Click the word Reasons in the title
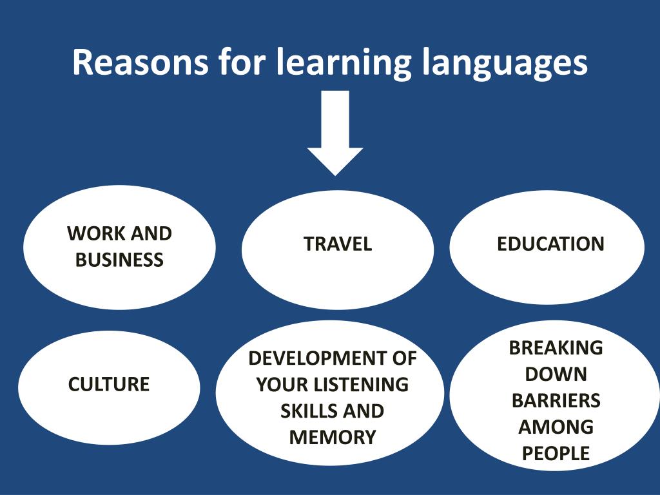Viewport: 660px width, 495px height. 140,62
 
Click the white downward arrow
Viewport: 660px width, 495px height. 335,133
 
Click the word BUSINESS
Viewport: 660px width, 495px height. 119,260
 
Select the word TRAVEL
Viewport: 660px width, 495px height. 338,244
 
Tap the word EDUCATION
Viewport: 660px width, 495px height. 550,244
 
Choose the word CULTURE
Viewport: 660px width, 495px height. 108,384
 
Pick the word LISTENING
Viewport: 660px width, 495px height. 356,385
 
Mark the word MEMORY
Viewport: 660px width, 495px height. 333,438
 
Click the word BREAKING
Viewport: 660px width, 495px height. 556,347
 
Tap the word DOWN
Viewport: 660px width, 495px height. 556,374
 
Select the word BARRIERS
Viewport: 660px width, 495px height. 556,401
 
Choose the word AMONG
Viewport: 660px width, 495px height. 556,427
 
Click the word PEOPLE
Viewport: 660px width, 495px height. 556,453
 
